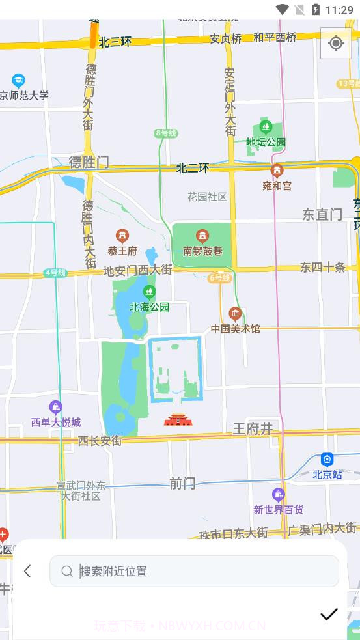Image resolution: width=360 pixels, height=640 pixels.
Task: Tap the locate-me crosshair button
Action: (336, 44)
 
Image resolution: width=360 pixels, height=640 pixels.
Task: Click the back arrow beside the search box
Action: (27, 571)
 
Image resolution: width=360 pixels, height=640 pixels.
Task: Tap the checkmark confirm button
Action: (329, 614)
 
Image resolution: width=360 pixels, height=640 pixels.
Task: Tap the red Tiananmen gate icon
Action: (178, 420)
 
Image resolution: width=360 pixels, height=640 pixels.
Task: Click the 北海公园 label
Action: (150, 307)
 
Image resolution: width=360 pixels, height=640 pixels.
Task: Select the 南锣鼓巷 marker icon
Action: (202, 236)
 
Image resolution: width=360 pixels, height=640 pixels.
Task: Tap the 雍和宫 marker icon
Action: (277, 171)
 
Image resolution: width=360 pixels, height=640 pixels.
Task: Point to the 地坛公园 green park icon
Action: (265, 127)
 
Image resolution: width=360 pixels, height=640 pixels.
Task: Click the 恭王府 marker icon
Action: (122, 236)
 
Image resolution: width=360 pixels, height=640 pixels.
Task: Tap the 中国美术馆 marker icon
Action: (235, 314)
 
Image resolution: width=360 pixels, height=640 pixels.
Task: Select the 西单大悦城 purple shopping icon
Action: (56, 408)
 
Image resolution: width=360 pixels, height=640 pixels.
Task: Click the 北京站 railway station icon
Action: (327, 460)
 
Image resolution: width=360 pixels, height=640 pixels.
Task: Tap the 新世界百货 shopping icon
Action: (279, 495)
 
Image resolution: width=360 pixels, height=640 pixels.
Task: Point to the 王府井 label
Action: (253, 428)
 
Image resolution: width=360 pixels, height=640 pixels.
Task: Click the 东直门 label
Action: (322, 214)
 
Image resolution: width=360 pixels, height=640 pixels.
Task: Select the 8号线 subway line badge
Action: (166, 133)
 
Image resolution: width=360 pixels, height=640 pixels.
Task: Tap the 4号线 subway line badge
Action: (55, 273)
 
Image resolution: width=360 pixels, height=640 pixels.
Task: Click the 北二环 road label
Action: (193, 168)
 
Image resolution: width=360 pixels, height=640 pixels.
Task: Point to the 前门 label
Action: (182, 483)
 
